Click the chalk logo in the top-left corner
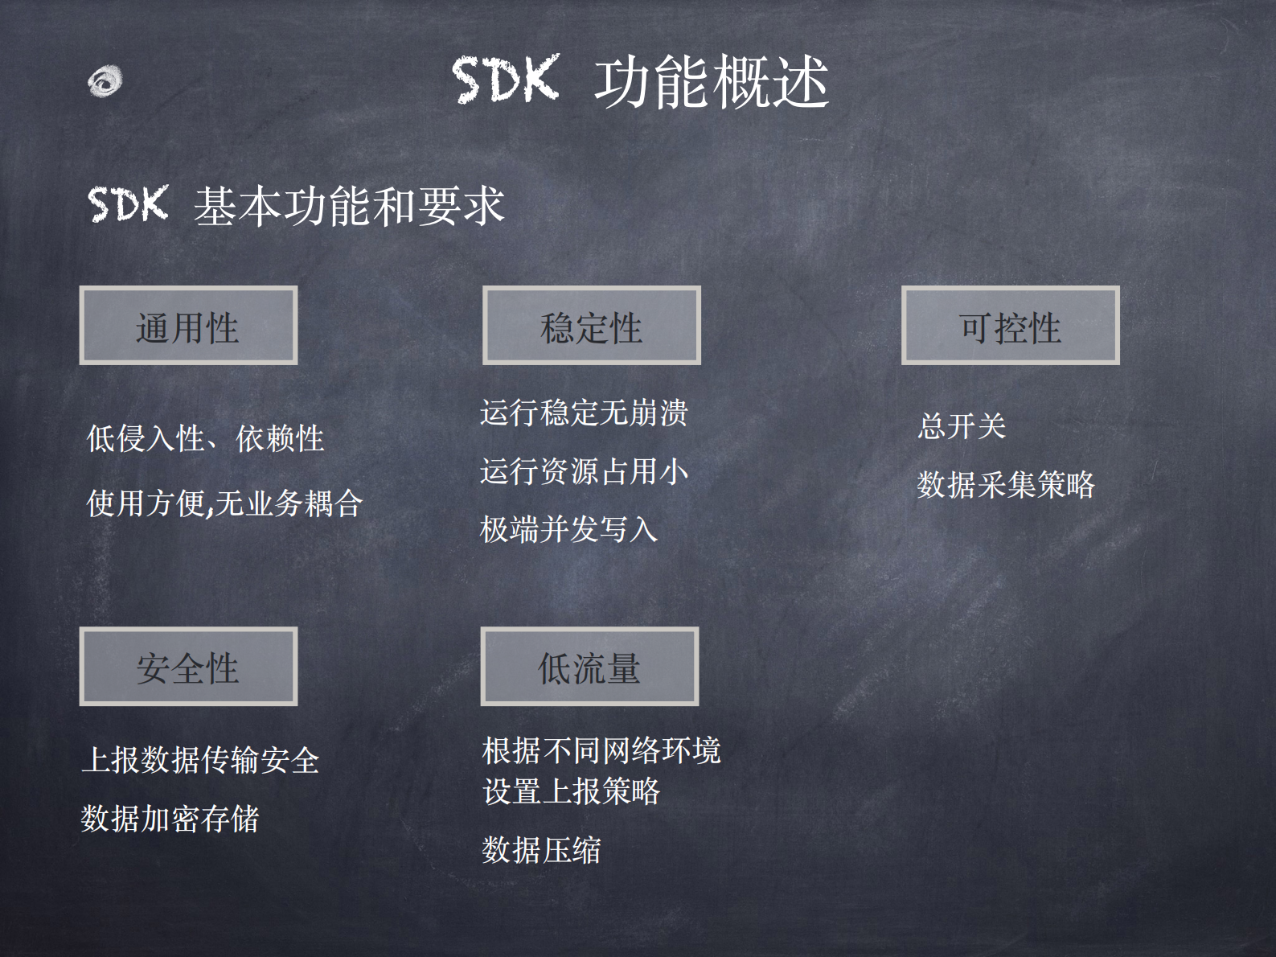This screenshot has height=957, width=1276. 105,81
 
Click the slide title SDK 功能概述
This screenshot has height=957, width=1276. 640,82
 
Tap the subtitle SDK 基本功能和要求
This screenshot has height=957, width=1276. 296,205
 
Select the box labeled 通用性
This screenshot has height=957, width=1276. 188,326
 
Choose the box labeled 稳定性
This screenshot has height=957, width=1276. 591,326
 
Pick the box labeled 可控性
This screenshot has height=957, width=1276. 1010,326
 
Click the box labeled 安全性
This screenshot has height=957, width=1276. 188,667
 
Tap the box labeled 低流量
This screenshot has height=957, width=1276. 589,667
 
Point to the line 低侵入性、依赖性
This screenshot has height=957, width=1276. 205,439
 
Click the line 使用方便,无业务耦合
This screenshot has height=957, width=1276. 224,503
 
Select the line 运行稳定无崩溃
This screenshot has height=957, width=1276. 584,413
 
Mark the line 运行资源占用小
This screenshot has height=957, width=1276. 584,471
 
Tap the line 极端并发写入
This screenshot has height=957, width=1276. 568,529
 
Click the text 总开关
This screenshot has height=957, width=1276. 962,426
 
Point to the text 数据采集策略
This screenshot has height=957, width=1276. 1005,485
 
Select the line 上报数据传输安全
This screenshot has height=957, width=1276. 200,760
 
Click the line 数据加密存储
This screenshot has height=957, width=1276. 170,819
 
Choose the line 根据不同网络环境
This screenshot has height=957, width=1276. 601,750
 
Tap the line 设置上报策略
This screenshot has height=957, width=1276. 571,791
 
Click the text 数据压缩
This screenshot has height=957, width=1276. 541,850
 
